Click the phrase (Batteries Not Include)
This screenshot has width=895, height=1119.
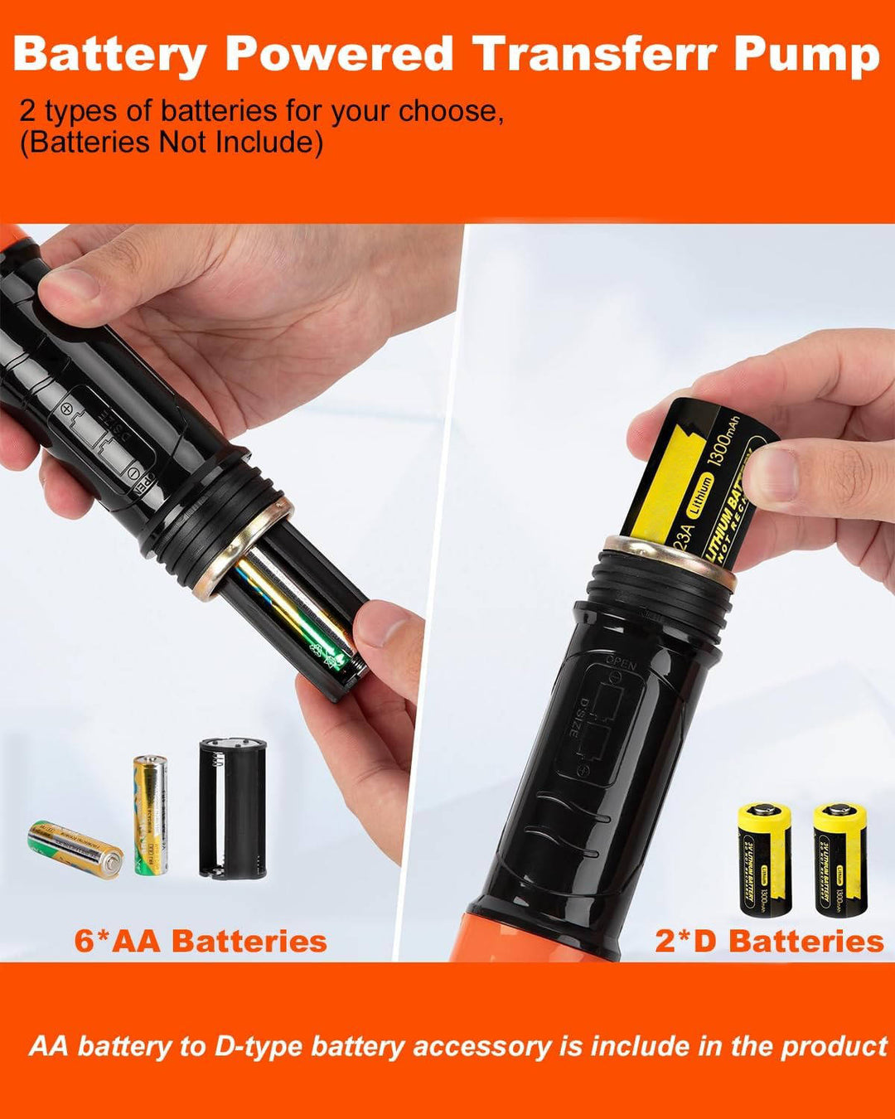[x=172, y=143]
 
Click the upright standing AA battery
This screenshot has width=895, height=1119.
[x=150, y=815]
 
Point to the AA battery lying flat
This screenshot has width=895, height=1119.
[x=75, y=848]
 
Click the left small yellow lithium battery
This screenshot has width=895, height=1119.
[x=764, y=859]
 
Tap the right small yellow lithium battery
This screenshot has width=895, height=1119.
[x=839, y=859]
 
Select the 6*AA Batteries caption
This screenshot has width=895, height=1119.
[x=201, y=941]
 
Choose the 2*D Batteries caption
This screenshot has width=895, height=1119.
[x=769, y=941]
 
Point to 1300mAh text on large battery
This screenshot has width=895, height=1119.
[x=724, y=443]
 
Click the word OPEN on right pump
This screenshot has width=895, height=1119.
[x=621, y=663]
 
